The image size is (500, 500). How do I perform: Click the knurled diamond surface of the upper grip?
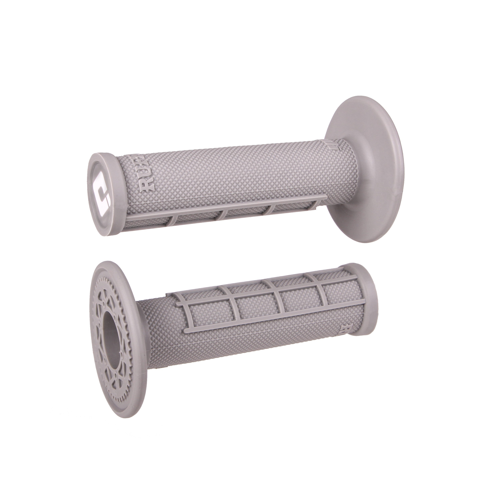coord(233,171)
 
